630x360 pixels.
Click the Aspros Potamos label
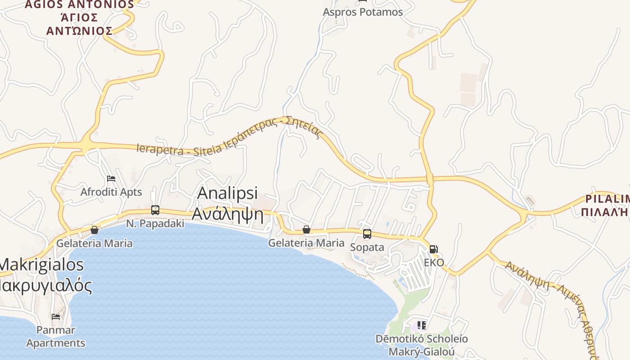363,12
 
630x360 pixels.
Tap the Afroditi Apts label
111,192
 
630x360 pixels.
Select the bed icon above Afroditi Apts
111,179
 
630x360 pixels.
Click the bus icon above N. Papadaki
155,210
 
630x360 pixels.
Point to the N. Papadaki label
155,224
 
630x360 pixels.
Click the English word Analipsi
228,193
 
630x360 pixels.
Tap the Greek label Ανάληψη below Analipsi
228,214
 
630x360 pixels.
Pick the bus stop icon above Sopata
367,234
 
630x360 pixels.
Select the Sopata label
367,247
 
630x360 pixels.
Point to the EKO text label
434,262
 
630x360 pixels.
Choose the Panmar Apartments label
56,337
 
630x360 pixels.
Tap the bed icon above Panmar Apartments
56,316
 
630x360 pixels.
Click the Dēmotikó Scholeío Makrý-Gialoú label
422,345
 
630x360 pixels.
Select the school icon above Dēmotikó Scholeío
422,325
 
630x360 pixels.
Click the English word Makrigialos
42,265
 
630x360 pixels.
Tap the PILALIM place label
607,199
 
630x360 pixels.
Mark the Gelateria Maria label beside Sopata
306,243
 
